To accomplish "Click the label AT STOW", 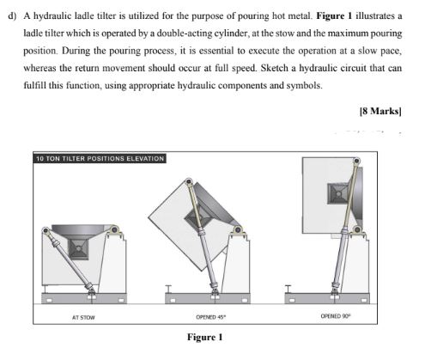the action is pos(82,317).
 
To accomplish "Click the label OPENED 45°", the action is pos(210,317).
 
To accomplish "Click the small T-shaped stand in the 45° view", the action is pos(172,288).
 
